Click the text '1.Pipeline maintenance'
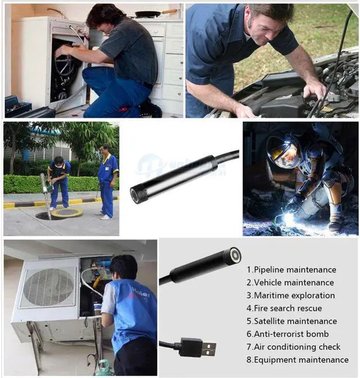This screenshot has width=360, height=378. point(291,270)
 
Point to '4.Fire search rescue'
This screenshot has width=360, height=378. point(284,308)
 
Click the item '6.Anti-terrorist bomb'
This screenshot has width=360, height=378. point(287,334)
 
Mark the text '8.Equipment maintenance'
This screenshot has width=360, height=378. point(297,360)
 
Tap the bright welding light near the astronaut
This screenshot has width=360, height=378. point(289,218)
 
